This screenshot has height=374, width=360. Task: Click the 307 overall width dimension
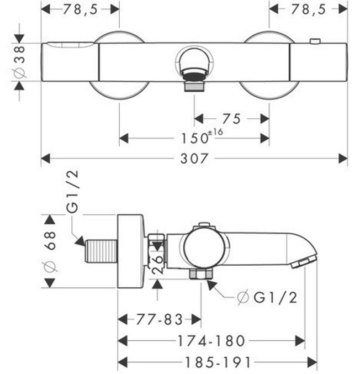pyautogui.click(x=194, y=159)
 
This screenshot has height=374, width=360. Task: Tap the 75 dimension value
pyautogui.click(x=231, y=118)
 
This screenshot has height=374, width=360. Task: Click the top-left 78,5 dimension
pyautogui.click(x=81, y=9)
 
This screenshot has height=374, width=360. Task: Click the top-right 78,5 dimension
pyautogui.click(x=309, y=9)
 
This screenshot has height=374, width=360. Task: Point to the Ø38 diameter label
pyautogui.click(x=18, y=62)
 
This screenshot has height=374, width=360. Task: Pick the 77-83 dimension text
pyautogui.click(x=158, y=319)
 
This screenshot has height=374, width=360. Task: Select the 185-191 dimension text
pyautogui.click(x=217, y=362)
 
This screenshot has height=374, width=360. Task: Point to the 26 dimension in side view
pyautogui.click(x=157, y=262)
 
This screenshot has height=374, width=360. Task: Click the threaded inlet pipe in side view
pyautogui.click(x=102, y=251)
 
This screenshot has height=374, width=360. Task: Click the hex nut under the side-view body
pyautogui.click(x=201, y=274)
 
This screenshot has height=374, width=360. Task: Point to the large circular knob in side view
pyautogui.click(x=204, y=249)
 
